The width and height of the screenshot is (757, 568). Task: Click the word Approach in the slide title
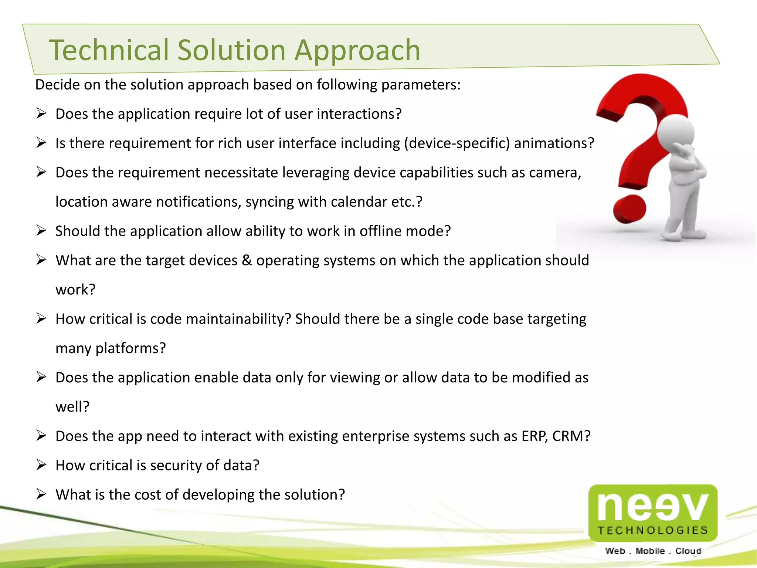coord(357,51)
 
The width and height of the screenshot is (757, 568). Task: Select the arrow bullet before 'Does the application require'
coord(41,113)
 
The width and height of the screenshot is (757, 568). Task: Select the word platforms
coord(130,348)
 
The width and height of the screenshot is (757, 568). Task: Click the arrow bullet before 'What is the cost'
coord(41,494)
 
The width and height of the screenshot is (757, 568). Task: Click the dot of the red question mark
coord(629,210)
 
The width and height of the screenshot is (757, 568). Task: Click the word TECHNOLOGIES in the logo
coord(653,530)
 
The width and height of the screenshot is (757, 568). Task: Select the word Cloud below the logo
coord(688,551)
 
